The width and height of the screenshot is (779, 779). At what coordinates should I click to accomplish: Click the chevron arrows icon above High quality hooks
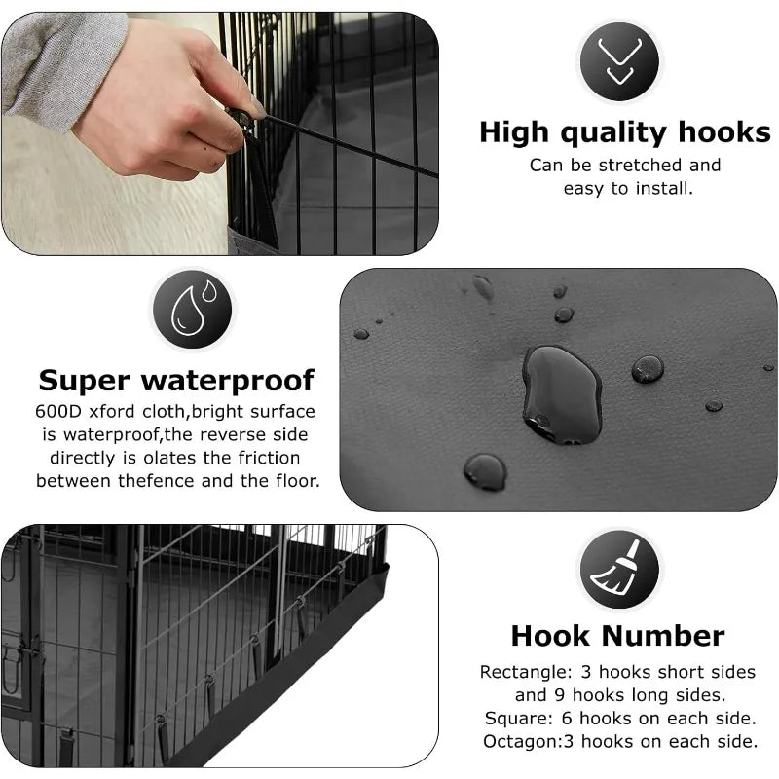619,60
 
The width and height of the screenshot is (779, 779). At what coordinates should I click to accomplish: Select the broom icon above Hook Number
619,569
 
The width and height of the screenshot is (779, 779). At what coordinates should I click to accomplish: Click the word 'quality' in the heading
614,133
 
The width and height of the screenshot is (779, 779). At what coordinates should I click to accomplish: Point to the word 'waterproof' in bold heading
228,382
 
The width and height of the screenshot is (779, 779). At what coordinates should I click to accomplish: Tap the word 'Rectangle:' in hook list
526,672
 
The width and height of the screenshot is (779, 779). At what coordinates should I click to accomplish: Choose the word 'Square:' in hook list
519,719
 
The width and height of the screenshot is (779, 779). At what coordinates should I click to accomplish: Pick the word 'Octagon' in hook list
521,742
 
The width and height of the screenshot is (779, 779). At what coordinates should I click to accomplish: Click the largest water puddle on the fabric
562,394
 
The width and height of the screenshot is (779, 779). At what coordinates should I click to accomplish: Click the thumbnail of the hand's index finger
257,107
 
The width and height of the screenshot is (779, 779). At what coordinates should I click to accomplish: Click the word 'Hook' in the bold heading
550,636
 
